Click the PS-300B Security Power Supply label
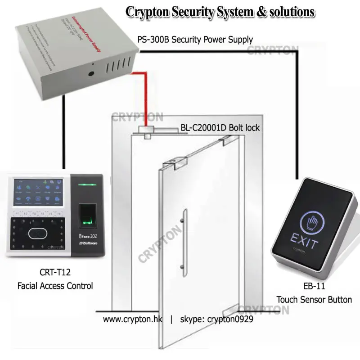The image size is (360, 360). pyautogui.click(x=195, y=40)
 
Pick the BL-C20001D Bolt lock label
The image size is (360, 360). pyautogui.click(x=220, y=128)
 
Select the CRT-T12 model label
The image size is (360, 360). pyautogui.click(x=55, y=272)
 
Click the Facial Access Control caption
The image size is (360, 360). pyautogui.click(x=55, y=285)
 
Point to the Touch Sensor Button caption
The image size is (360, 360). pyautogui.click(x=314, y=299)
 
